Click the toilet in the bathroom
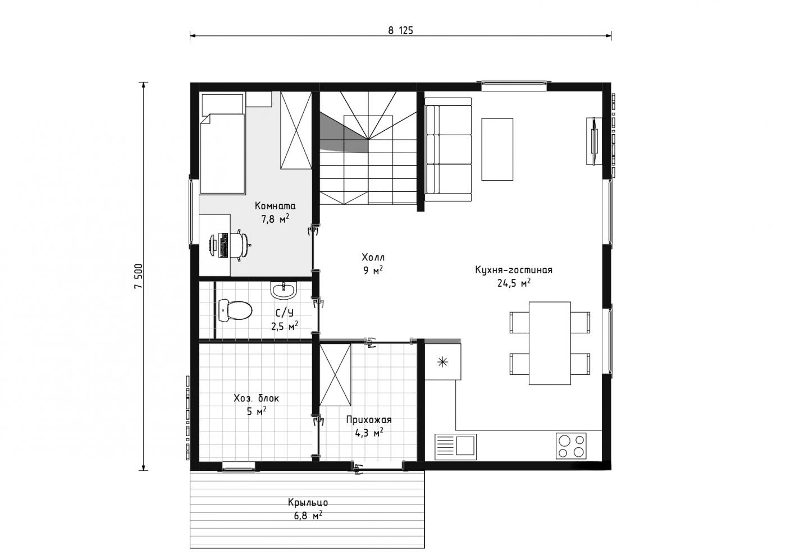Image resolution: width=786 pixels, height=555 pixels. pyautogui.click(x=235, y=310)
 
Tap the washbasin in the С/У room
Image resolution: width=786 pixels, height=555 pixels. pyautogui.click(x=284, y=290)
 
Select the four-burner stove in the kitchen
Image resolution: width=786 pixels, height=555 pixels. pyautogui.click(x=571, y=446)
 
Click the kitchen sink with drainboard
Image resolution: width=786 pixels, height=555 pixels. pyautogui.click(x=455, y=447)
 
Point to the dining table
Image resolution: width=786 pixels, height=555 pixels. pyautogui.click(x=550, y=343)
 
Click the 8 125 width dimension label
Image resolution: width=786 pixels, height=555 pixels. pyautogui.click(x=401, y=30)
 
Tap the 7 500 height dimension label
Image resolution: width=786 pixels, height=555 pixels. pyautogui.click(x=139, y=276)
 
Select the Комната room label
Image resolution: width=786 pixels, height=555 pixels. pyautogui.click(x=275, y=205)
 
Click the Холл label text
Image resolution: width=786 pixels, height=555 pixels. pyautogui.click(x=373, y=258)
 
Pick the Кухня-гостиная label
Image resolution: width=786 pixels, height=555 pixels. pyautogui.click(x=514, y=270)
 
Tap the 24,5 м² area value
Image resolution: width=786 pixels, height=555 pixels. pyautogui.click(x=514, y=283)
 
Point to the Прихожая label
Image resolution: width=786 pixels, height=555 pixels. pyautogui.click(x=369, y=420)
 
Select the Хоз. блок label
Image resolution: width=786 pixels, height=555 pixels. pyautogui.click(x=257, y=398)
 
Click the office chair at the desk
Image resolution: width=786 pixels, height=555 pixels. pyautogui.click(x=240, y=244)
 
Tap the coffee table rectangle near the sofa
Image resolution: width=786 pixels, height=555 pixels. pyautogui.click(x=497, y=149)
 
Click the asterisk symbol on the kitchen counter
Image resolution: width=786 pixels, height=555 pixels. pyautogui.click(x=443, y=362)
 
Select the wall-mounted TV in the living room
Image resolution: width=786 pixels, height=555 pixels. pyautogui.click(x=594, y=141)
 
